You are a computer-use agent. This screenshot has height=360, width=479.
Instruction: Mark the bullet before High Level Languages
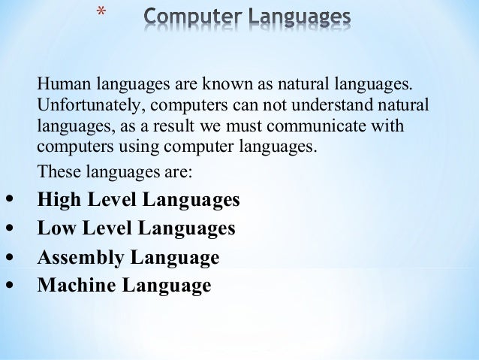click(8, 201)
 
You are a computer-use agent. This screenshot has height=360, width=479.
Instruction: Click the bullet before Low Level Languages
click(8, 228)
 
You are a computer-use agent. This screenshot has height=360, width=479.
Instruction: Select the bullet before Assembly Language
click(8, 257)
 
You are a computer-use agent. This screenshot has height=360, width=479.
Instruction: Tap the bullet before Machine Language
click(8, 286)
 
